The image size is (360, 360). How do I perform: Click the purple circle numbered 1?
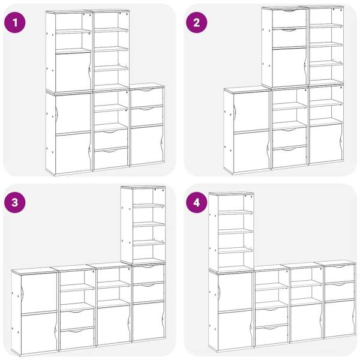15,23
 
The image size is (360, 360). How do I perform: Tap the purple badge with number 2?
197,23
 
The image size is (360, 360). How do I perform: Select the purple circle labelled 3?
15,203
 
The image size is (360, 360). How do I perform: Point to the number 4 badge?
197,203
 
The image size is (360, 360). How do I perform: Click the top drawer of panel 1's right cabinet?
147,97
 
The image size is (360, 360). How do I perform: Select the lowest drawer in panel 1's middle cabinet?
111,158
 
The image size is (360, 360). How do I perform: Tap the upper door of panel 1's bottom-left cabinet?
73,113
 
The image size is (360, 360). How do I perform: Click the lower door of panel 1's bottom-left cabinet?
73,152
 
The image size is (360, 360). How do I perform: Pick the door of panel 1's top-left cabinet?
73,71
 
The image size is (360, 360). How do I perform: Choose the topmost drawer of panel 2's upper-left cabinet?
289,19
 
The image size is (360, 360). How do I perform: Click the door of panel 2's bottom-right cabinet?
326,143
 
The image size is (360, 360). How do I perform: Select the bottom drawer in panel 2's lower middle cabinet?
289,157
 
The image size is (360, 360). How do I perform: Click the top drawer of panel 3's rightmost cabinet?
148,274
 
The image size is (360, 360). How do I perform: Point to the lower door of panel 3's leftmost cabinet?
39,332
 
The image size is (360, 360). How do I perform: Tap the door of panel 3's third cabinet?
114,325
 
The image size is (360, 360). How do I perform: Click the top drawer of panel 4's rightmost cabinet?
340,273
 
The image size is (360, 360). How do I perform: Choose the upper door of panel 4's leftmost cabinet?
235,292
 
